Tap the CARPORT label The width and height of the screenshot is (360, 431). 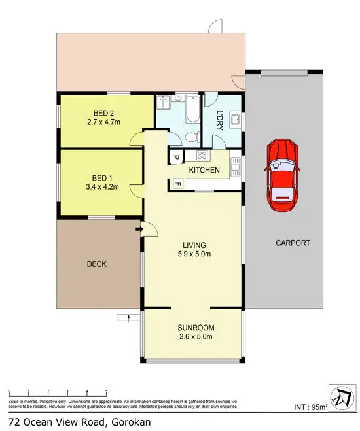tap(292, 243)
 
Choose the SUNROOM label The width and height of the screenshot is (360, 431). tap(196, 328)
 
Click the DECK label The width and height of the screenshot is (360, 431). tap(96, 264)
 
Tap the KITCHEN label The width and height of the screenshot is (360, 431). tap(204, 170)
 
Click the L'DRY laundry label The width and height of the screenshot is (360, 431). tap(220, 120)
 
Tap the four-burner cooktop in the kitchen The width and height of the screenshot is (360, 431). tap(202, 156)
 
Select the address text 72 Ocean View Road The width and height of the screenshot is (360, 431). tap(58, 421)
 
